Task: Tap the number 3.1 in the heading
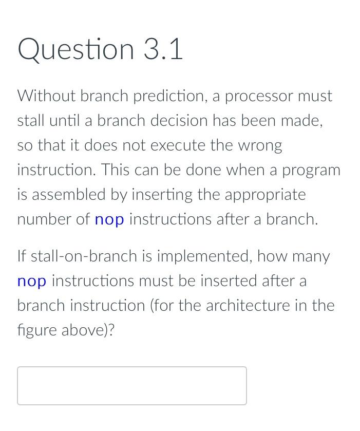tap(163, 50)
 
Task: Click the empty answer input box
tap(131, 385)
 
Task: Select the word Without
tap(46, 96)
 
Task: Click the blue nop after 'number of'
tap(109, 220)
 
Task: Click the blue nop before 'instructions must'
tap(32, 281)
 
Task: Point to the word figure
tap(37, 330)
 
